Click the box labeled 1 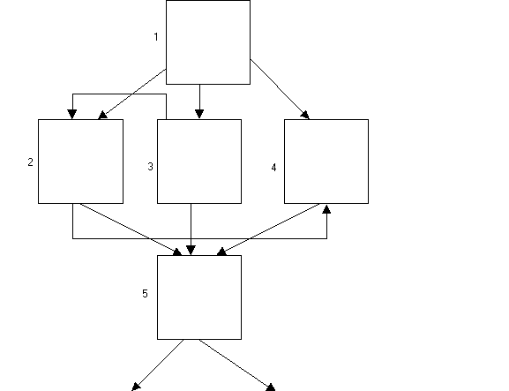(x=208, y=42)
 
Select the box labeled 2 (x=80, y=162)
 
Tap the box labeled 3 (x=199, y=162)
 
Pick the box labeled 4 (x=326, y=162)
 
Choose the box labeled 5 (x=199, y=297)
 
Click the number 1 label (x=156, y=37)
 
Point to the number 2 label (x=31, y=162)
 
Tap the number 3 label (x=150, y=167)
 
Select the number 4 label (x=273, y=168)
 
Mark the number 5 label (x=145, y=294)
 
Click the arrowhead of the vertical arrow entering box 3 (x=199, y=114)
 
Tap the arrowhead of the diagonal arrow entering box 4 (x=305, y=115)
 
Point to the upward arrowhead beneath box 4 (x=326, y=209)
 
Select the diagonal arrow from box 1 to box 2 (x=132, y=94)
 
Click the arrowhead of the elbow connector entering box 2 (x=72, y=115)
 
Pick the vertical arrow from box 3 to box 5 (x=191, y=229)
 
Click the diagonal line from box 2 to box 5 (x=131, y=229)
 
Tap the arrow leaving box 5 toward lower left (x=157, y=365)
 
